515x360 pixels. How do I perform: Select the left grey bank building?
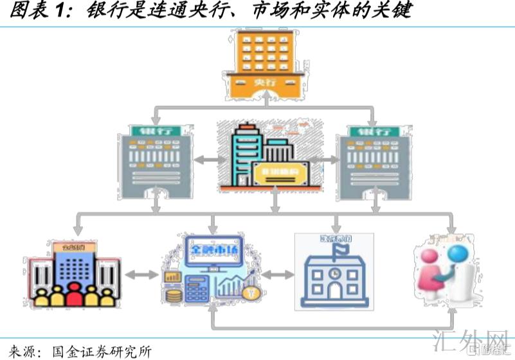[155, 161]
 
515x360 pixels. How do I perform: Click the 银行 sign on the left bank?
[155, 131]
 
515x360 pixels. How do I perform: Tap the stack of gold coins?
[174, 297]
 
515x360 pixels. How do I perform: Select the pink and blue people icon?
[450, 270]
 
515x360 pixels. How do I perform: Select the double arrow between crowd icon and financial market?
[141, 275]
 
